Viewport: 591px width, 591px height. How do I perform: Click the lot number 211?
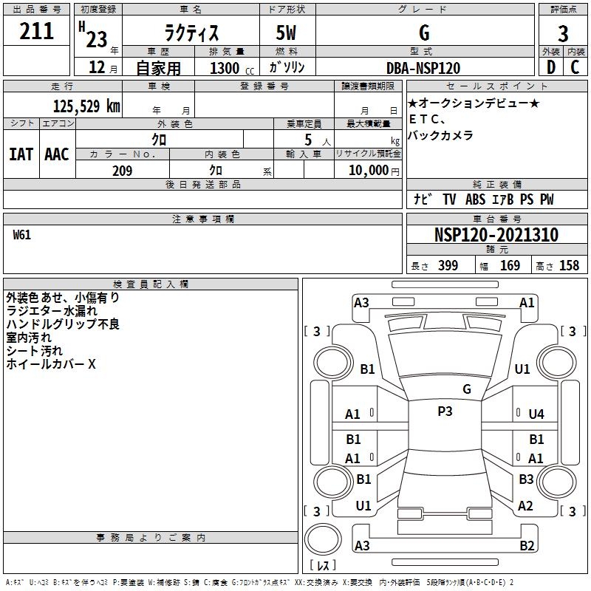(37, 32)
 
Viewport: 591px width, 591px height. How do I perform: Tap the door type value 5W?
(287, 33)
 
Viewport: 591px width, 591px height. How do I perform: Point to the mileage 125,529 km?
(86, 106)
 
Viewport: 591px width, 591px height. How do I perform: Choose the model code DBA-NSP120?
(423, 68)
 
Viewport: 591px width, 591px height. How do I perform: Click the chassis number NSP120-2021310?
(496, 235)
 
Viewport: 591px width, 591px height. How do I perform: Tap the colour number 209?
(122, 171)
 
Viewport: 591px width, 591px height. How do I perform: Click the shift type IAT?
(21, 154)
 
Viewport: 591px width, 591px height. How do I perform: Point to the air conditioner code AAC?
(57, 154)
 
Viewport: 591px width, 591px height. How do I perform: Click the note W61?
(22, 235)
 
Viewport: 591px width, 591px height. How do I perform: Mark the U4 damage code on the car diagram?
(536, 414)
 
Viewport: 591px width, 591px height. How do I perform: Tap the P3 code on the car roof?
(445, 411)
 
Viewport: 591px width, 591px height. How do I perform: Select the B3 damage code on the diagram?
(526, 479)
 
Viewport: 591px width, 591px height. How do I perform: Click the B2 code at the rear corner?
(527, 546)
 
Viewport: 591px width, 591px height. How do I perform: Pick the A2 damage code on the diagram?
(525, 506)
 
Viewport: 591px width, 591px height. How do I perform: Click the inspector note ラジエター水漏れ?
(52, 311)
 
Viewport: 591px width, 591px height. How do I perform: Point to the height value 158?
(569, 266)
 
